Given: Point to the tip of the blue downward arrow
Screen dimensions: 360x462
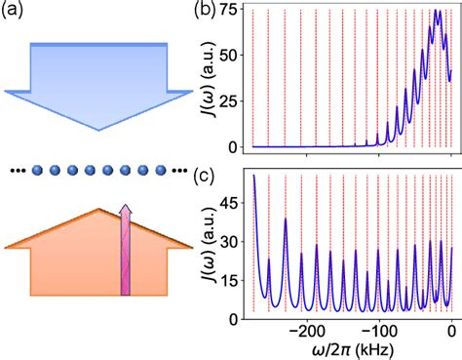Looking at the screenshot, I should click(97, 147).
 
